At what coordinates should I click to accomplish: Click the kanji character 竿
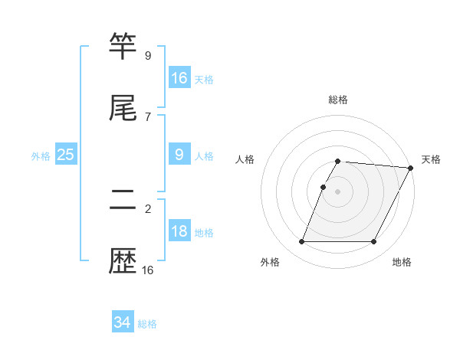coord(123,47)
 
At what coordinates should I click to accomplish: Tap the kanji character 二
coord(123,201)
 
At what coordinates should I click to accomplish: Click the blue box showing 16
coord(179,78)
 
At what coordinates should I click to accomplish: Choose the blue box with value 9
coord(179,155)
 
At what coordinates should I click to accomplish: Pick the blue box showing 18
coord(179,231)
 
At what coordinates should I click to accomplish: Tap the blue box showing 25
coord(66,155)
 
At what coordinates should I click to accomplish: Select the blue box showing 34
coord(123,322)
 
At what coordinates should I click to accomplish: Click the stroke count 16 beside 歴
coord(147,270)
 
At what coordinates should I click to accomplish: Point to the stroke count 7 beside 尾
coord(147,116)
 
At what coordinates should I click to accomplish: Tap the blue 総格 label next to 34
coord(147,324)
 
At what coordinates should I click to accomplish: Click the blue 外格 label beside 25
coord(41,156)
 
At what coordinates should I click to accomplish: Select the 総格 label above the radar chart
coord(338,100)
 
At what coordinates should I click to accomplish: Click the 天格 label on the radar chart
coord(431,159)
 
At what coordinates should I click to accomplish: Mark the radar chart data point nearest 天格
coord(411,168)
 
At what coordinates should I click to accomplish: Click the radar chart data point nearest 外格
coord(301,242)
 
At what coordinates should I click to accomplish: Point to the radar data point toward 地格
coord(374,242)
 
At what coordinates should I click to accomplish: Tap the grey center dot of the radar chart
coord(338,191)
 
